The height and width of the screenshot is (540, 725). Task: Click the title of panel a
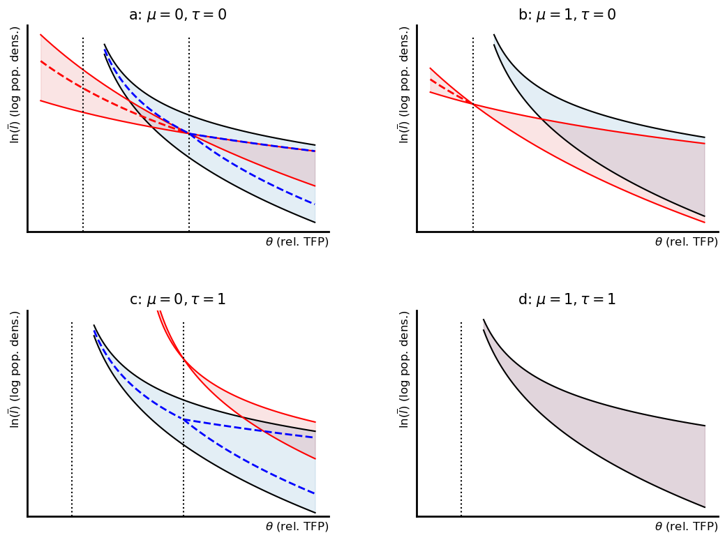point(178,15)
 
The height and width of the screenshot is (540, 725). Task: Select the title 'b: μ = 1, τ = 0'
point(567,15)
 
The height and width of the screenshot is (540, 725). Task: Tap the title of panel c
point(178,299)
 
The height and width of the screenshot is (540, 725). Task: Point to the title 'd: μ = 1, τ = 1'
point(567,299)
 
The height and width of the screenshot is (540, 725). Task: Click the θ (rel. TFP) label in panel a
point(297,242)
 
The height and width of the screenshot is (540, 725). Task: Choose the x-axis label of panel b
point(686,242)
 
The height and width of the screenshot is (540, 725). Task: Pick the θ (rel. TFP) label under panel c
point(297,527)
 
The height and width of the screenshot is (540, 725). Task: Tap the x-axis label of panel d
point(686,527)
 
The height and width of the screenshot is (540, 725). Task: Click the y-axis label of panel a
point(14,84)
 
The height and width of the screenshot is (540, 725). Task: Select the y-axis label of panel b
point(403,84)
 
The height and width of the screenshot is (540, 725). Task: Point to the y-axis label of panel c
point(14,369)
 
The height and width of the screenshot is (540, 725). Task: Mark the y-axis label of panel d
point(403,369)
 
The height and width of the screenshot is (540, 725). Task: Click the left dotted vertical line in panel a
point(83,174)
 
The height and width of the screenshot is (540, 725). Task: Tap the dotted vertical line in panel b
point(473,174)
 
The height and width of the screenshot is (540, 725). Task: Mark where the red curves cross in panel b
point(473,104)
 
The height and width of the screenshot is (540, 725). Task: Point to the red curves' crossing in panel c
point(184,359)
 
